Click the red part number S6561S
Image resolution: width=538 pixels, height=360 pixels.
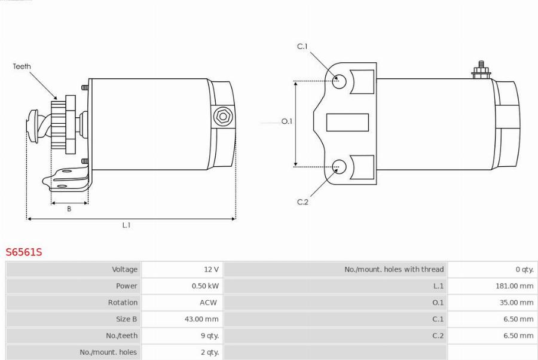coord(24,252)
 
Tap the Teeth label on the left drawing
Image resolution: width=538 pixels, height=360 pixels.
coord(22,66)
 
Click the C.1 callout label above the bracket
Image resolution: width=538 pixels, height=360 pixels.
coord(302,46)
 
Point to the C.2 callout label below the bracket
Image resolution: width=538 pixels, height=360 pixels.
coord(302,202)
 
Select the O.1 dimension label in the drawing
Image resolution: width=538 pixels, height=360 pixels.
coord(286,121)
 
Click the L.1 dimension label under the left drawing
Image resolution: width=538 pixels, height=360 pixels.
coord(126,225)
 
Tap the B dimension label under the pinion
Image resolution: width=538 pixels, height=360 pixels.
coord(69,209)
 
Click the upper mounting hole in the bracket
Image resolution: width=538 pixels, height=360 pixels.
coord(339,81)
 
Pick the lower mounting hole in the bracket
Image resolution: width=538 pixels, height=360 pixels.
coord(339,167)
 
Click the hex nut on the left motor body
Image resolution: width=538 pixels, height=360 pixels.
coord(223,117)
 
